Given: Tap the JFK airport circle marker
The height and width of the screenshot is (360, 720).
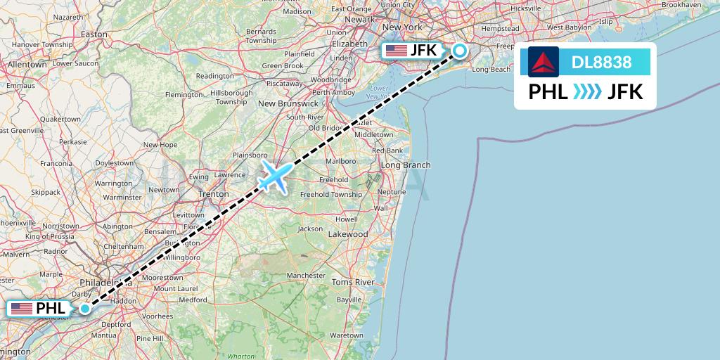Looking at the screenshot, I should (459, 51).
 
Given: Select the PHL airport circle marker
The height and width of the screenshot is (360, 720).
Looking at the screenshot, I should (85, 308).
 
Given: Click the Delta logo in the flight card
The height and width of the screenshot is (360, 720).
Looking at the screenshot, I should (543, 62).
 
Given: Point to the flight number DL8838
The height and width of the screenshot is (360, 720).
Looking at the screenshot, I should (601, 62).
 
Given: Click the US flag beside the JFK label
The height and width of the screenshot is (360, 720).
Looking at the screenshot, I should (396, 51).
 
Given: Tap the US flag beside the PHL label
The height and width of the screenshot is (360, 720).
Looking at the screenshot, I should (22, 308).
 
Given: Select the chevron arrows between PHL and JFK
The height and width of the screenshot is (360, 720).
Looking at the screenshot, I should (587, 91).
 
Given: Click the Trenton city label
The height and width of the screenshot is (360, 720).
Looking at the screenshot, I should (213, 193).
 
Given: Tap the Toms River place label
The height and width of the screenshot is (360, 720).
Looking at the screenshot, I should (352, 282).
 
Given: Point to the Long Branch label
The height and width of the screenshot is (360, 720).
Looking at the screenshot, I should (406, 165).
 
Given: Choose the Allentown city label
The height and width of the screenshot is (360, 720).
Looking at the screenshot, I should (27, 64).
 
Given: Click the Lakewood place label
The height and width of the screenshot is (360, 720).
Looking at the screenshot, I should (348, 233).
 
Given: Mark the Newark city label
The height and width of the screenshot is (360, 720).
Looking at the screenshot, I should (360, 20).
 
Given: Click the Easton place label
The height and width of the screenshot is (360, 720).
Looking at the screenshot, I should (94, 34).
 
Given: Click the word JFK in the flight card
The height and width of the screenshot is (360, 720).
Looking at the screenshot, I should (625, 91).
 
